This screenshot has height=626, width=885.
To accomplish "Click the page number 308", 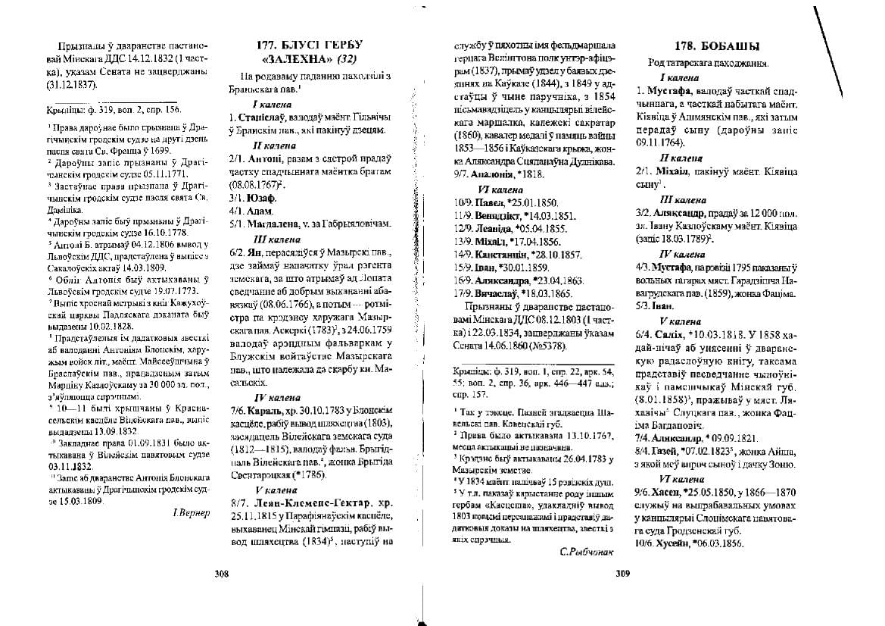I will click(x=222, y=574).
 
